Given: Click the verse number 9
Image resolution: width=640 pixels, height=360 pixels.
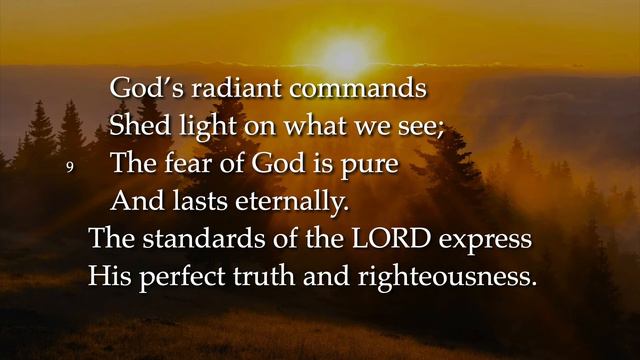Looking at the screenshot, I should point(71,165).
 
